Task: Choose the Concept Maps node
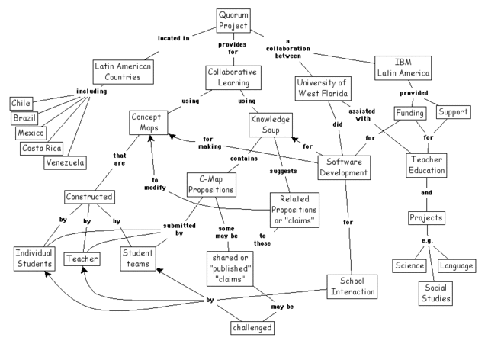pyautogui.click(x=152, y=124)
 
